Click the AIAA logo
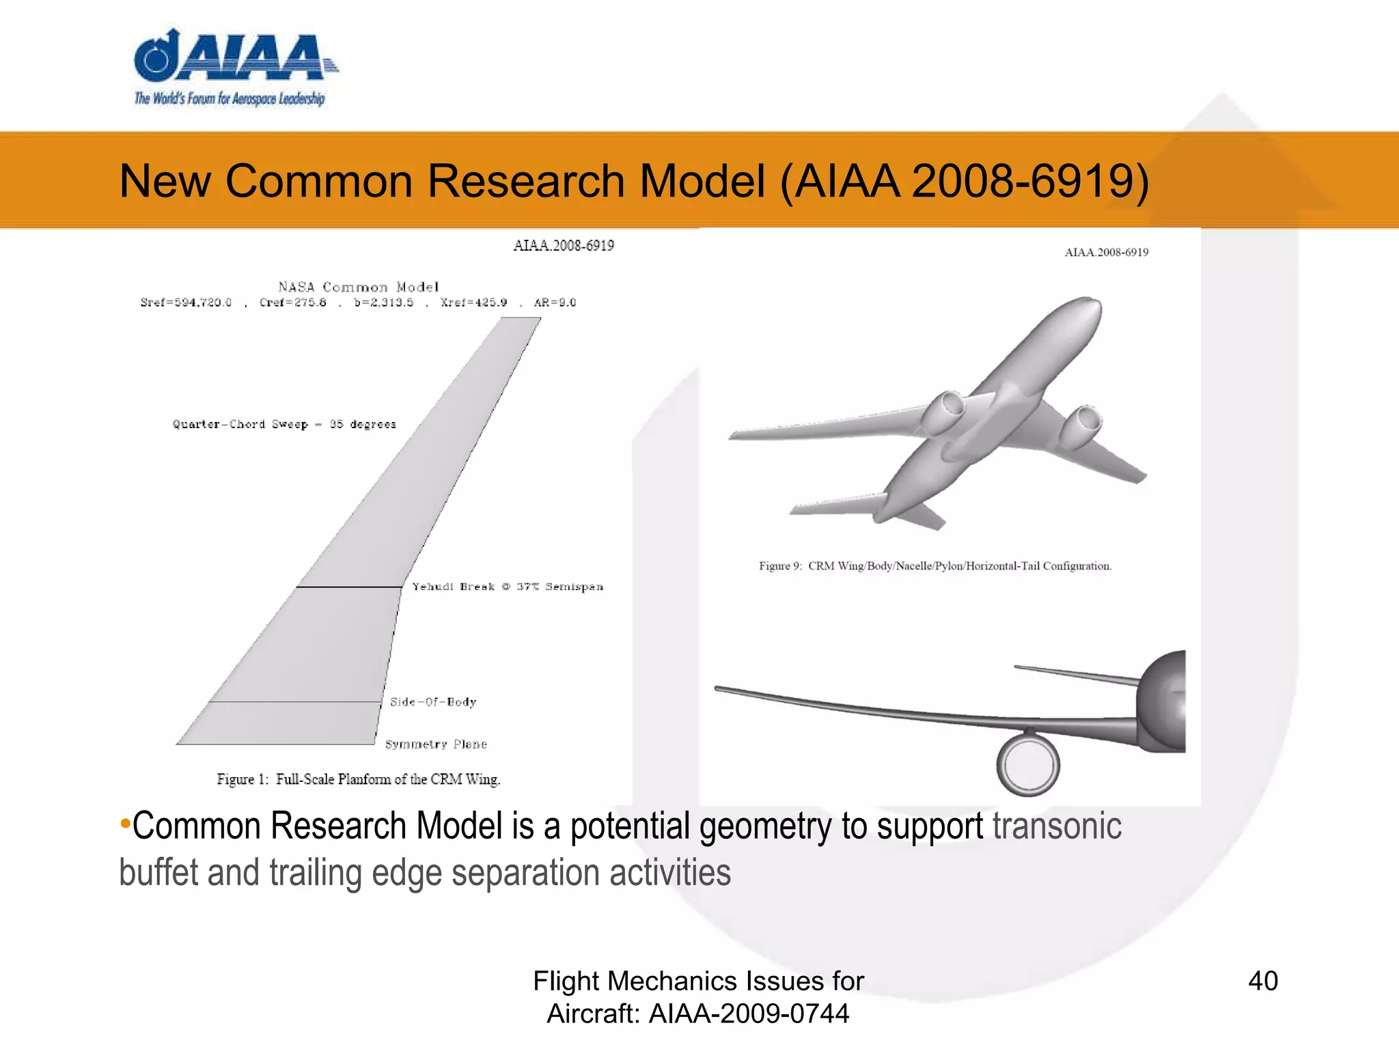(x=232, y=68)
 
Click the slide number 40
(x=1262, y=981)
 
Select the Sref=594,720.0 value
(x=186, y=303)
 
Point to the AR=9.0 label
(x=555, y=303)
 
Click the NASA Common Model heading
(x=358, y=287)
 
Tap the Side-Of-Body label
(x=433, y=702)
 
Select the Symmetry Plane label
(x=436, y=744)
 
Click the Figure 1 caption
(x=359, y=779)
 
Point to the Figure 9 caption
(x=934, y=565)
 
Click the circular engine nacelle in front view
(x=1027, y=764)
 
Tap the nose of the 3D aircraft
(x=1086, y=305)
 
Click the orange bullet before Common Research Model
(x=125, y=824)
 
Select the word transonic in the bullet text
(x=1056, y=826)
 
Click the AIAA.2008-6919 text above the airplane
(x=1106, y=252)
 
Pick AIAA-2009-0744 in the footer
(x=749, y=1013)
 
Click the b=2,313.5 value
(x=383, y=303)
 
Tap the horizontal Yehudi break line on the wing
(x=348, y=587)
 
